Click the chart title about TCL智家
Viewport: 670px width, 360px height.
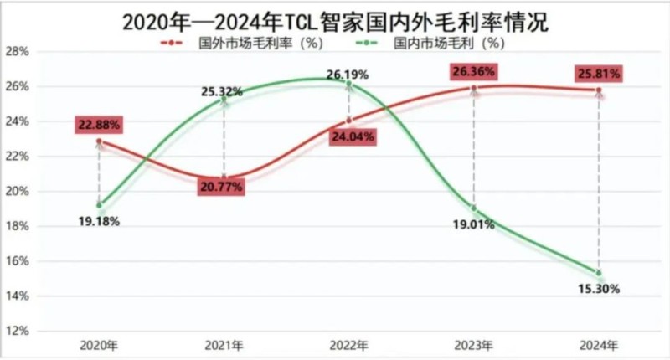[x=335, y=18]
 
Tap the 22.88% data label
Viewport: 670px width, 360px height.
[x=98, y=125]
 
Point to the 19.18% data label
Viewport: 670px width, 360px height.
[x=98, y=222]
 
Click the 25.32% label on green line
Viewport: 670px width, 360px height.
[x=221, y=91]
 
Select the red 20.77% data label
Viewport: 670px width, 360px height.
[x=221, y=187]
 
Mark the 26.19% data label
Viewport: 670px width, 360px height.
[x=349, y=75]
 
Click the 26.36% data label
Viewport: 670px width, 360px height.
[x=474, y=71]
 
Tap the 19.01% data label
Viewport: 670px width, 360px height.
[x=474, y=224]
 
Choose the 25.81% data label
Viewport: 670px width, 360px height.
[x=598, y=74]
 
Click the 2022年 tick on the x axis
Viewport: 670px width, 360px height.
[x=349, y=344]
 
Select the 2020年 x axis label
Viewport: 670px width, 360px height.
[x=99, y=344]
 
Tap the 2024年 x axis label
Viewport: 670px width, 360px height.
[x=599, y=344]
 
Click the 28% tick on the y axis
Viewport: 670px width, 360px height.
[x=18, y=51]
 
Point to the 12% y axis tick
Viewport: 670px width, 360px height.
[x=18, y=331]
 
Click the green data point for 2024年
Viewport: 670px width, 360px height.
[x=599, y=272]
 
